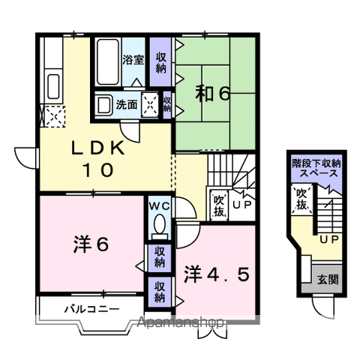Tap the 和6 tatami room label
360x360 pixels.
coord(213,94)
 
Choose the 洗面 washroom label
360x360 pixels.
coord(126,105)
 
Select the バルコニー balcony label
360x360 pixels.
coord(88,308)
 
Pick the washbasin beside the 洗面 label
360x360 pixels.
coord(104,105)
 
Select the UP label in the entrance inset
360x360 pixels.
coord(328,241)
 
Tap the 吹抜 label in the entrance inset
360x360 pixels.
coord(300,199)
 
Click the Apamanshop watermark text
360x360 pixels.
coord(181,324)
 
